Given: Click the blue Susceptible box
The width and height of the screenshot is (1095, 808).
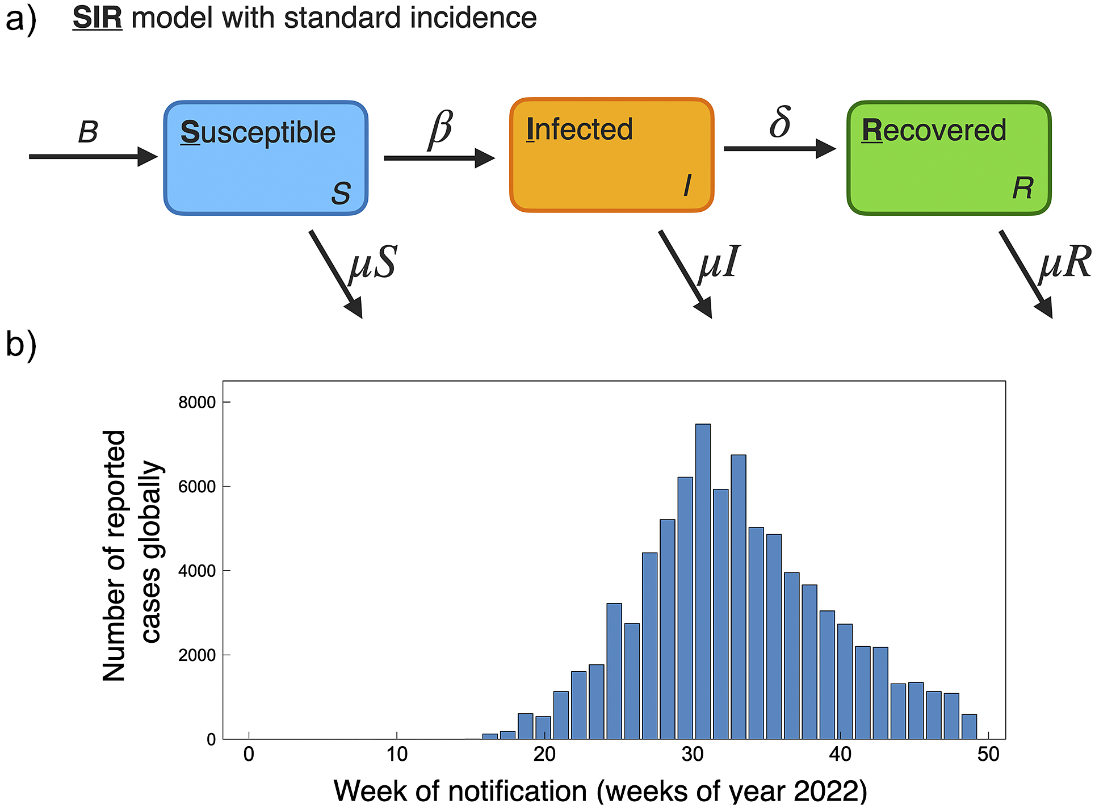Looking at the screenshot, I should click(x=266, y=158).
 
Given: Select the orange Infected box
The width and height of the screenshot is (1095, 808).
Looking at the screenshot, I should click(x=611, y=155).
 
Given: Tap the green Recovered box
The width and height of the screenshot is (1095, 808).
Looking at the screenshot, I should click(x=949, y=158).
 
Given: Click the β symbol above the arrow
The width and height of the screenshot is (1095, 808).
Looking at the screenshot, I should click(x=440, y=128).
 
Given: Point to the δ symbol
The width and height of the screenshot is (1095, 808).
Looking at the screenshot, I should click(x=780, y=122).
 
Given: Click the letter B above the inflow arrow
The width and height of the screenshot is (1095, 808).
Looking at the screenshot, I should click(x=88, y=132).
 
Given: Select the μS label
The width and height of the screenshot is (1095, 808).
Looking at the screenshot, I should click(x=373, y=263).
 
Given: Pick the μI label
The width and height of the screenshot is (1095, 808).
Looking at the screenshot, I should click(x=719, y=262).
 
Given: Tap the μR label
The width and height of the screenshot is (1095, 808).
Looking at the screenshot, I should click(x=1064, y=262).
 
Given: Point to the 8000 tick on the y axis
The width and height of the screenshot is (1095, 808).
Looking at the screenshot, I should click(x=196, y=403).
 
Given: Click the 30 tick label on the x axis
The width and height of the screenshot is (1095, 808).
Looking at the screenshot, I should click(x=692, y=755).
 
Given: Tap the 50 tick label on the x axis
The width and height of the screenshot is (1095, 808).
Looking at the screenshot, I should click(x=988, y=755).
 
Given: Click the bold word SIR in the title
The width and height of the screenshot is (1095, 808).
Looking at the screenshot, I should click(x=97, y=18).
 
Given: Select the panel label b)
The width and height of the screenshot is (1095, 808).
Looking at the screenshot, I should click(x=21, y=344).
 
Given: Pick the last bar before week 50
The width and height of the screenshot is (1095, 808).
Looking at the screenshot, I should click(x=969, y=727).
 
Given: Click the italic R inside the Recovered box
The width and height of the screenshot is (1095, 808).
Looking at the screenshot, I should click(x=1022, y=188).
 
